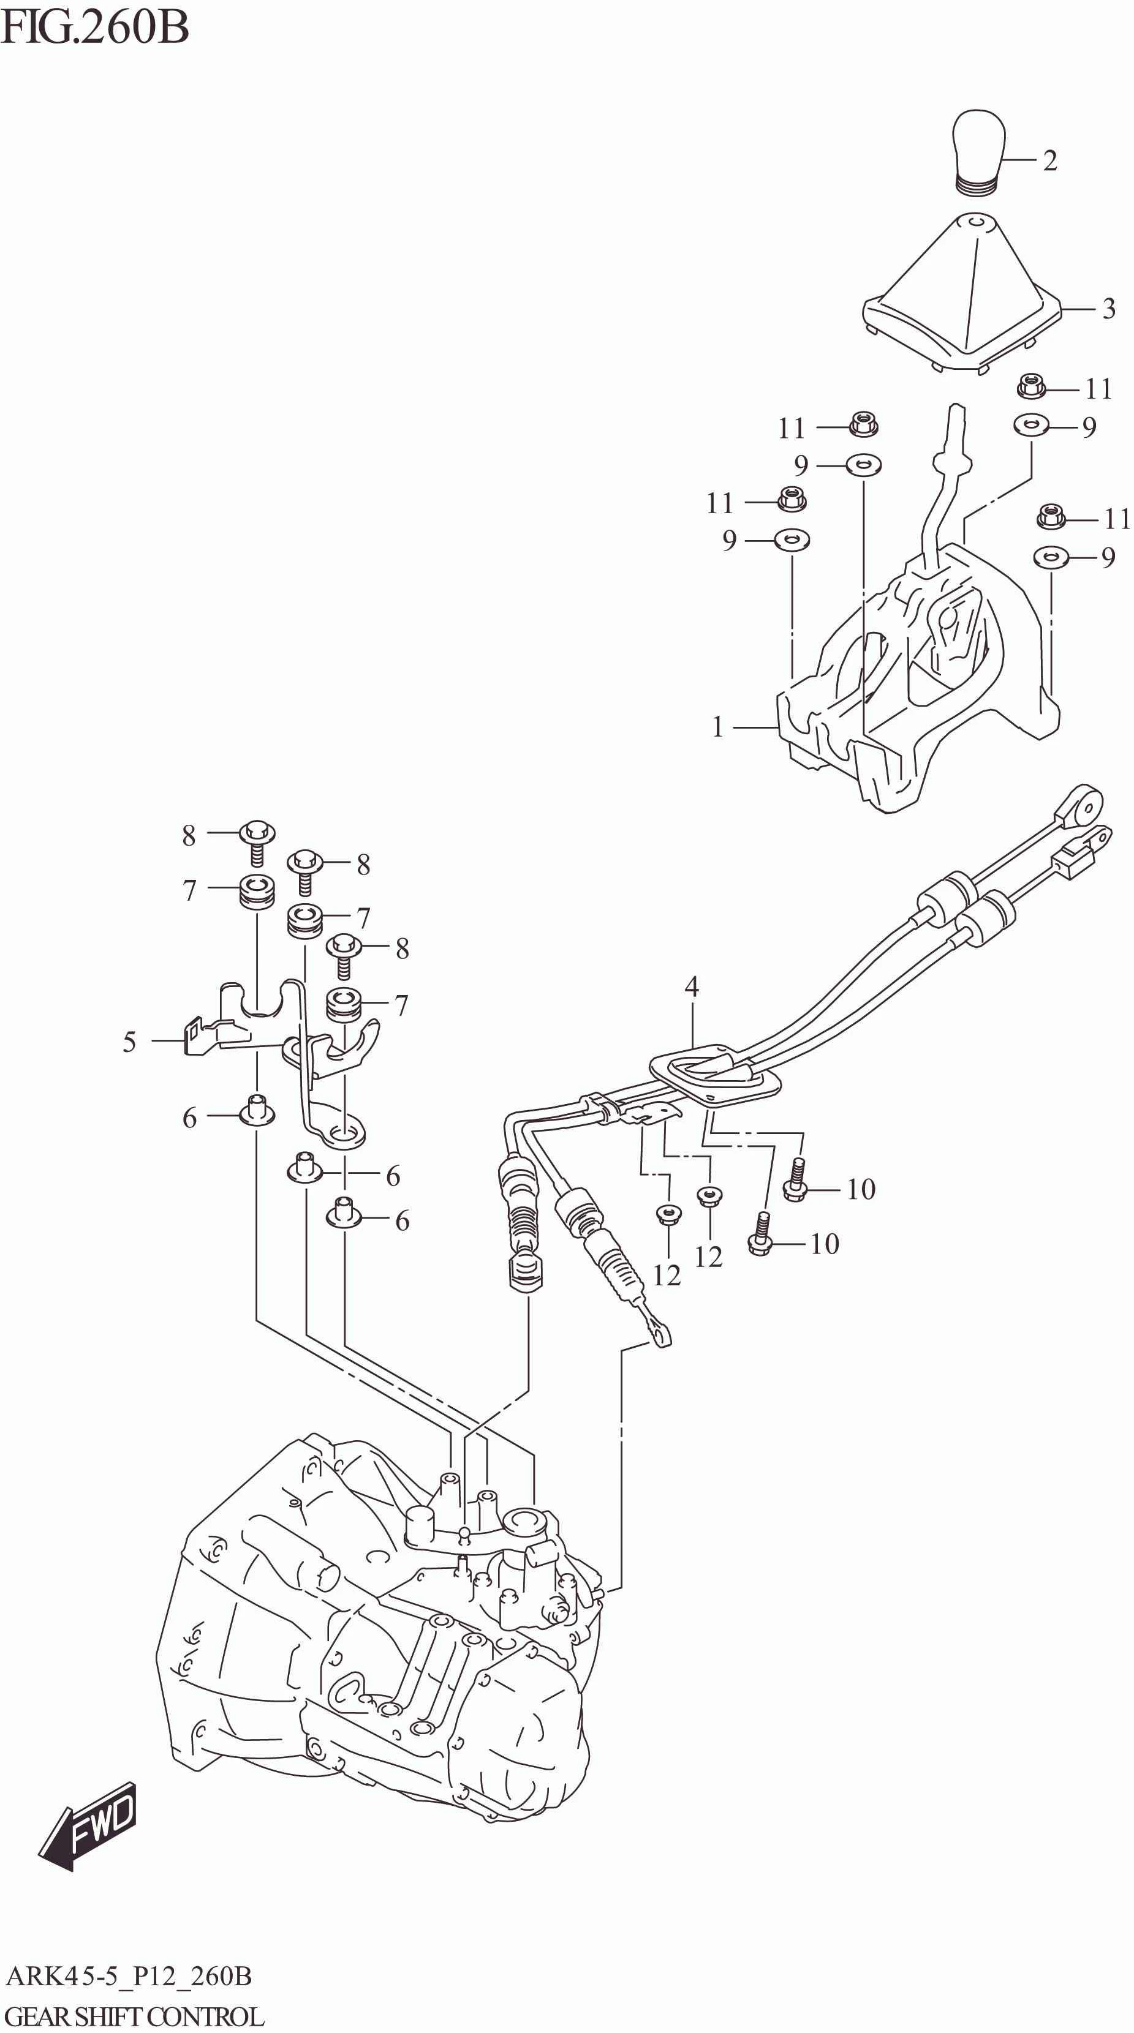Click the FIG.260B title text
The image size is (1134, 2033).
click(95, 28)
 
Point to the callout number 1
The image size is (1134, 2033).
click(717, 727)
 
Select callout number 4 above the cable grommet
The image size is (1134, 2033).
click(692, 986)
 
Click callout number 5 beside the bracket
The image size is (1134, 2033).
click(129, 1042)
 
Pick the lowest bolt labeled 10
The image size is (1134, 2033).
click(759, 1243)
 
